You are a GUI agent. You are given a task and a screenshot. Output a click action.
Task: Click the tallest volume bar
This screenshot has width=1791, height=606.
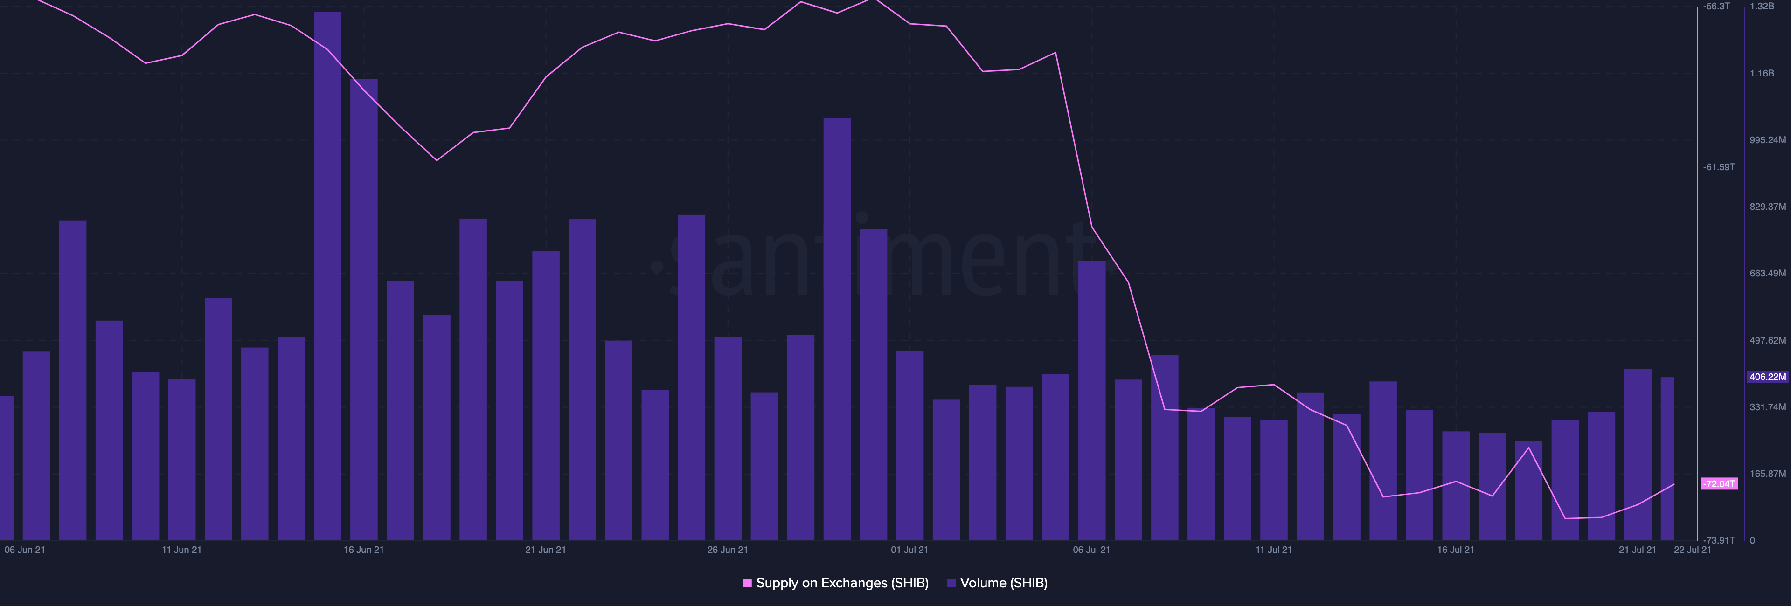point(327,278)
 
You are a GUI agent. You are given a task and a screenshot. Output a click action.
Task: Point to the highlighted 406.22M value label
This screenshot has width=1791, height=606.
point(1767,377)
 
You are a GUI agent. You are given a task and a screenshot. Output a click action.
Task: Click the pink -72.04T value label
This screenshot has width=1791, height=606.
point(1719,484)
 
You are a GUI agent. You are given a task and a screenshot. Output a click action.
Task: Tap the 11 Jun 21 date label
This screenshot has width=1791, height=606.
point(181,550)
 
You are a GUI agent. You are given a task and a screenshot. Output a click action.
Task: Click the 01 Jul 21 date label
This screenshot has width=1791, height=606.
point(909,550)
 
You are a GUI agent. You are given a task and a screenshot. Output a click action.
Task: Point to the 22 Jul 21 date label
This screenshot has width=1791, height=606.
point(1692,550)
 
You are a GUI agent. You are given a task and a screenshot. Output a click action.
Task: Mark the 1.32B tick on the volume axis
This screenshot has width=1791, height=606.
point(1762,6)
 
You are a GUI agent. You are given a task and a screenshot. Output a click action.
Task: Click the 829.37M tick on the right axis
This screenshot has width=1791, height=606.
point(1767,207)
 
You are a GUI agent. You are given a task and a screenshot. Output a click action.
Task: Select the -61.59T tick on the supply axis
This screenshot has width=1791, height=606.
point(1719,167)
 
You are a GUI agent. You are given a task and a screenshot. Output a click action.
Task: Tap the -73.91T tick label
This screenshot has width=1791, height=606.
point(1719,540)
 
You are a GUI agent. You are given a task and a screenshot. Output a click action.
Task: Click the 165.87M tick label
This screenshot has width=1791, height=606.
point(1767,473)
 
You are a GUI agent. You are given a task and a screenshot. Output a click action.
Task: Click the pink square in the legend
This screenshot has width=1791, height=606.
point(747,583)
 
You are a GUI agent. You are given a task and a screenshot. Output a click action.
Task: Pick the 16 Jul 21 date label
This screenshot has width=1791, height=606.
point(1455,550)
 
